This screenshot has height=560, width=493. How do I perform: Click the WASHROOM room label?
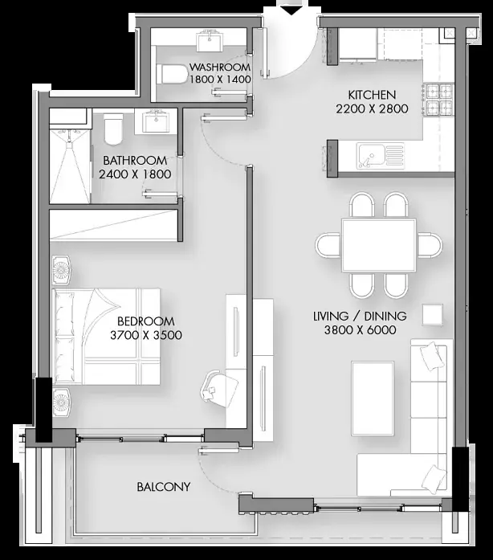pyautogui.click(x=220, y=67)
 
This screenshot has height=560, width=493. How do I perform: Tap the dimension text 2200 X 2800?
pyautogui.click(x=372, y=108)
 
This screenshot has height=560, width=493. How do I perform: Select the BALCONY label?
pyautogui.click(x=164, y=486)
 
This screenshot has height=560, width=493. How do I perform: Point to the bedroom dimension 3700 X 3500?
pyautogui.click(x=146, y=335)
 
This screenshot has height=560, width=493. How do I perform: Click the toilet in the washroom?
pyautogui.click(x=172, y=74)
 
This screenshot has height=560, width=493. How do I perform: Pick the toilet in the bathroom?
pyautogui.click(x=113, y=129)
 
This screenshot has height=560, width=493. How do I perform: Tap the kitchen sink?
pyautogui.click(x=381, y=156)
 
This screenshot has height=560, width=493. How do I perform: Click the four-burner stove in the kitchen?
pyautogui.click(x=438, y=99)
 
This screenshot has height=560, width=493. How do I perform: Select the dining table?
pyautogui.click(x=379, y=245)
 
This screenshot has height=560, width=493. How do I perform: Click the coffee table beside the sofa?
pyautogui.click(x=373, y=399)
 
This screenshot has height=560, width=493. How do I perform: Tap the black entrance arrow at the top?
pyautogui.click(x=292, y=10)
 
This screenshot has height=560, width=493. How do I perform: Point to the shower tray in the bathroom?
pyautogui.click(x=70, y=166)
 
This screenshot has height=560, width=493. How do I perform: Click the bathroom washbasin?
pyautogui.click(x=156, y=122)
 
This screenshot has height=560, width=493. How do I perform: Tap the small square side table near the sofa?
pyautogui.click(x=433, y=314)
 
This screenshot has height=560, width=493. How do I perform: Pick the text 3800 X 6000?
pyautogui.click(x=361, y=329)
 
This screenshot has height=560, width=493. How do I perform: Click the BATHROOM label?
pyautogui.click(x=135, y=161)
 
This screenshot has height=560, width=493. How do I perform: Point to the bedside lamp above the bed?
pyautogui.click(x=61, y=270)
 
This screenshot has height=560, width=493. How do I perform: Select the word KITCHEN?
pyautogui.click(x=372, y=95)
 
